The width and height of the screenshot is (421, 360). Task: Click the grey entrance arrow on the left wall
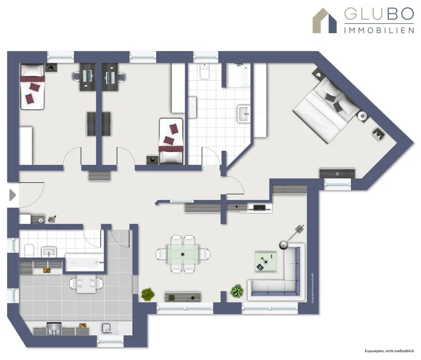tap(12, 195)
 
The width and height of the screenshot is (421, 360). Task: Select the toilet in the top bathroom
tap(205, 72)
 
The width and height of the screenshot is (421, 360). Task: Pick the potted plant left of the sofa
tap(237, 291)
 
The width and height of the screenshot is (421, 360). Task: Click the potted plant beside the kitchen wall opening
tap(147, 294)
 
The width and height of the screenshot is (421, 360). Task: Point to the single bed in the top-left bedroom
tap(32, 86)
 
